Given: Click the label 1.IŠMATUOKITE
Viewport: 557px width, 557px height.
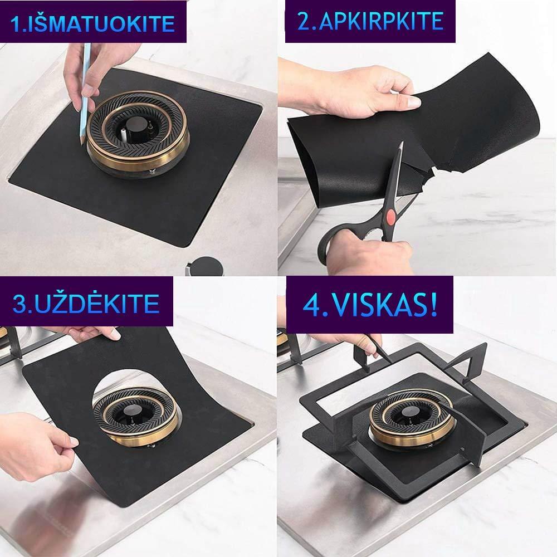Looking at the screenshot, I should coord(93,23).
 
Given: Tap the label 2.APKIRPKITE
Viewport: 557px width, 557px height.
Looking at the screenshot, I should coord(370,21).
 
